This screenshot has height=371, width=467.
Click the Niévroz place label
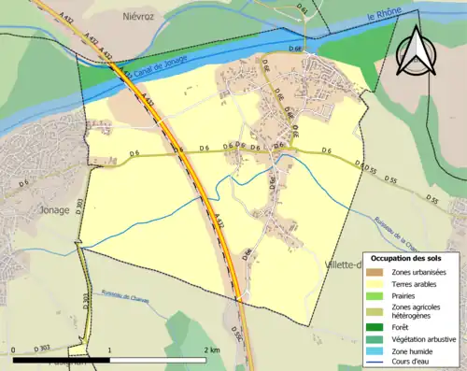136,17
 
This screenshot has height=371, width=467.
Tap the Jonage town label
54,210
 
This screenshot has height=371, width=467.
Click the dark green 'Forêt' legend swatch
374,327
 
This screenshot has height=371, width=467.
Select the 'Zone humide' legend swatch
374,350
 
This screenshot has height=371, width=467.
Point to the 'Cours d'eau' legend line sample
374,361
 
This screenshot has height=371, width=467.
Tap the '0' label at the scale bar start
14,350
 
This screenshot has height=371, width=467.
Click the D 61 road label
304,10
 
